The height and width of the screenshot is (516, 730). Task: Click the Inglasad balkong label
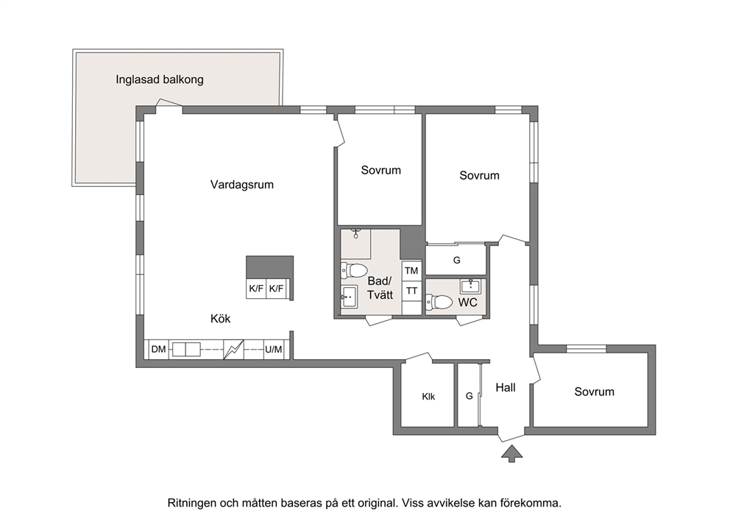tap(160, 79)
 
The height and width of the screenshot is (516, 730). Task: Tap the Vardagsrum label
tap(241, 185)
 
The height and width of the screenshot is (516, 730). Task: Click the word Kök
tap(220, 319)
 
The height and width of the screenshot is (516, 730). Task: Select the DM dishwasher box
tap(159, 350)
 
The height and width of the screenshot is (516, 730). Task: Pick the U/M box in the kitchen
tap(273, 350)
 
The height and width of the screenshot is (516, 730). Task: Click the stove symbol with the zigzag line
tap(234, 350)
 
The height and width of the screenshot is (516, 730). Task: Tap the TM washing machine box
tap(411, 271)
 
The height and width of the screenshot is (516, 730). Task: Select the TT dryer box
tap(411, 291)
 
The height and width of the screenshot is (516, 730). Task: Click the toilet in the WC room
tap(439, 302)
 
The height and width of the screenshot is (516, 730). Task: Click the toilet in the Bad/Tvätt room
tap(354, 270)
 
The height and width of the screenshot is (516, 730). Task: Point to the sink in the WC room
tap(471, 286)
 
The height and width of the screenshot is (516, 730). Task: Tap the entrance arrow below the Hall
tap(511, 453)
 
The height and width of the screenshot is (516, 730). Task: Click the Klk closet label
tap(428, 397)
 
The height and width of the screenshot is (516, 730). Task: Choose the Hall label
tap(506, 387)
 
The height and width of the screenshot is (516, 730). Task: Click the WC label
tap(467, 303)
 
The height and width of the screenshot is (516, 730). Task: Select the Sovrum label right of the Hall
tap(594, 392)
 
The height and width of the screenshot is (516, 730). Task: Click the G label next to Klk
tap(469, 396)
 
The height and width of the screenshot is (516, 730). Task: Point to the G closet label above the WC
tap(457, 261)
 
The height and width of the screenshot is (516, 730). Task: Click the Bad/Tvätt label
tap(380, 288)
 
